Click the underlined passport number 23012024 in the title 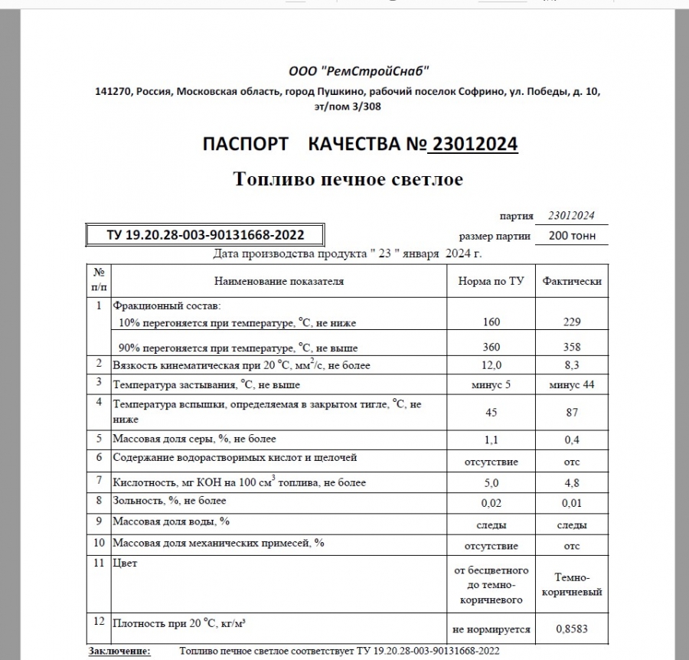coord(475,144)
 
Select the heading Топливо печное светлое coord(348,179)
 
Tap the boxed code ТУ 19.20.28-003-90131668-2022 coord(205,235)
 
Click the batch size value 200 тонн coord(572,236)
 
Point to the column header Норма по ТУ coord(491,281)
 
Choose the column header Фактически coord(572,281)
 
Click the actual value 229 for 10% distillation coord(572,322)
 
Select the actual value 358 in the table coord(572,348)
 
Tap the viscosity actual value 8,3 coord(572,365)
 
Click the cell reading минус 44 coord(572,384)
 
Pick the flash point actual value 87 coord(572,413)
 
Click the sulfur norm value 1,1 coord(491,439)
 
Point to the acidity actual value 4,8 coord(572,483)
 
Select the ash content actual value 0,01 coord(572,503)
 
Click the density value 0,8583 coord(572,629)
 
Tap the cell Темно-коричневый coord(572,585)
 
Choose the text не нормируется coord(491,629)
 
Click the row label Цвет coord(125,564)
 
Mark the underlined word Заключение coord(119,651)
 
